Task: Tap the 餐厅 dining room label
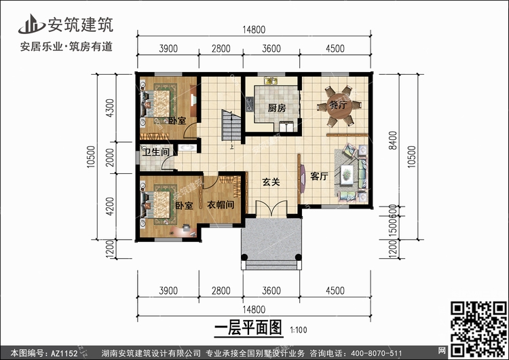coord(337,106)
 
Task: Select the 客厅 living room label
coord(319,176)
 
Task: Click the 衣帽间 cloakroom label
coord(221,204)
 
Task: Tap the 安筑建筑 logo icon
coord(29,24)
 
